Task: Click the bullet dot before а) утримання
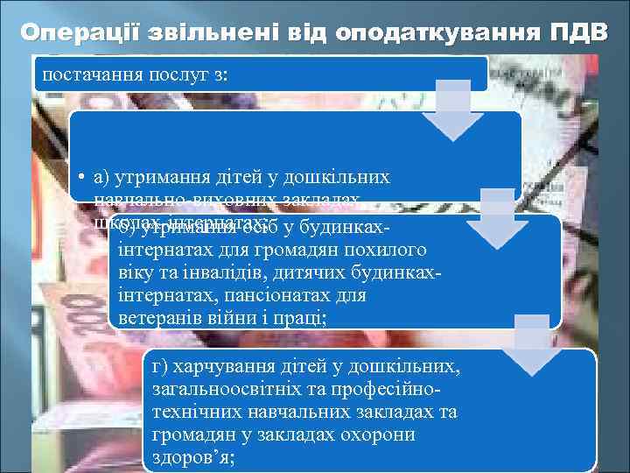(79, 178)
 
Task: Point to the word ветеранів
(161, 318)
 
